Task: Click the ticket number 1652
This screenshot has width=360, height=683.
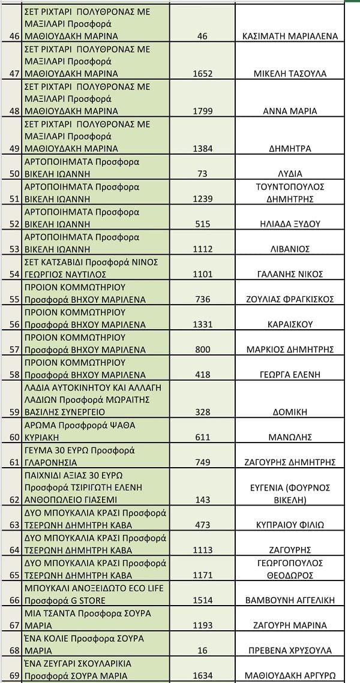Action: tap(202, 74)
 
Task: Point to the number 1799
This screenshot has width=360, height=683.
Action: tap(202, 112)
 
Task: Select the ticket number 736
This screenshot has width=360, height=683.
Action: tap(202, 299)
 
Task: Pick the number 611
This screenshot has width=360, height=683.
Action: tap(202, 437)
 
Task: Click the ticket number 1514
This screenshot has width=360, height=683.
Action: tap(202, 600)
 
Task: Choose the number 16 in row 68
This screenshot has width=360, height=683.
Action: tap(202, 650)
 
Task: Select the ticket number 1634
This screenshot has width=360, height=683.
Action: tap(202, 675)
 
